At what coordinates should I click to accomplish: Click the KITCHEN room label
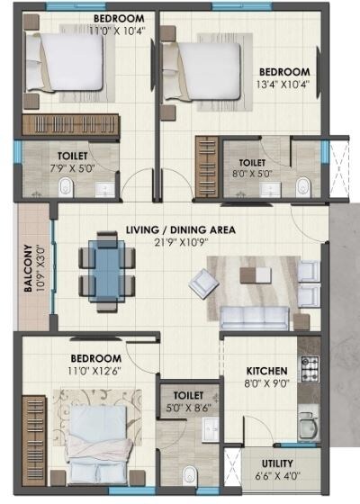point(267,370)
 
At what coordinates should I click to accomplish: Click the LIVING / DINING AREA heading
point(181,229)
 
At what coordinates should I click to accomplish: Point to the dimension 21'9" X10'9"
point(181,243)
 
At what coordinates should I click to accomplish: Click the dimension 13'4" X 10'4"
point(283,85)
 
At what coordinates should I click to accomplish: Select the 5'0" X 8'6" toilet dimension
point(188,407)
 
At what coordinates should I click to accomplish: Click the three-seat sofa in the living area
point(255,318)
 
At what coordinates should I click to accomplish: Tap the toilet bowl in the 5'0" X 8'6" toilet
point(188,474)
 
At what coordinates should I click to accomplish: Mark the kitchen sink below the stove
point(308,424)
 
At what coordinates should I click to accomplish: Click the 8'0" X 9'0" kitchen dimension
point(267,382)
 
